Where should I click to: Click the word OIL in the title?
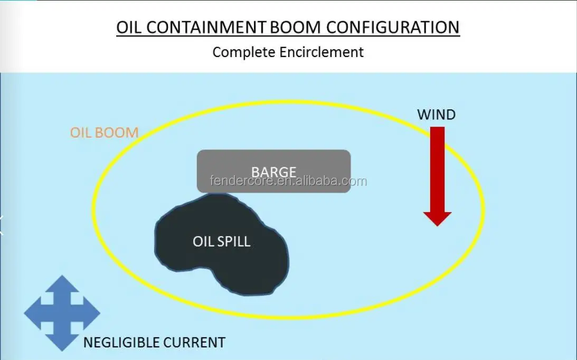pos(129,27)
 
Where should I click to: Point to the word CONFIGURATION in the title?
pos(394,27)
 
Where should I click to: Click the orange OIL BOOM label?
pos(104,132)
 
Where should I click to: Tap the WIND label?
pos(436,115)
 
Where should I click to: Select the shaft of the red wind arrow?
pos(437,169)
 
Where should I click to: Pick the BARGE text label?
pos(273,172)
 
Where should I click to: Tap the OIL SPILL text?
pos(221,242)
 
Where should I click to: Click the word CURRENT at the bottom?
pos(194,343)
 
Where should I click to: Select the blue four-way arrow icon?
pos(62,313)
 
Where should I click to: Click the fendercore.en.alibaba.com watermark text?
pos(288,182)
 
